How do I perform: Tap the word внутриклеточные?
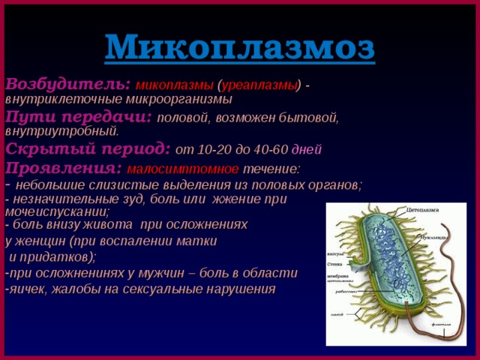pos(57,98)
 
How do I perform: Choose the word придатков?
pos(56,256)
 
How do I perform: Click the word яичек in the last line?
pos(22,289)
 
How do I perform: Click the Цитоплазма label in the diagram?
pos(424,210)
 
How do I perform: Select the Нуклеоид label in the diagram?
pos(434,236)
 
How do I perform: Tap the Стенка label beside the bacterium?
pos(336,264)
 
